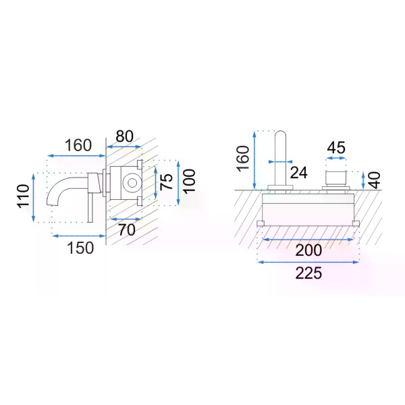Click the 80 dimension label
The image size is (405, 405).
click(x=124, y=136)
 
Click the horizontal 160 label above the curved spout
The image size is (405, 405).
click(x=78, y=145)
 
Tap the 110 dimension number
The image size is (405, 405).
click(x=23, y=196)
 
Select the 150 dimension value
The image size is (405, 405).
click(x=80, y=248)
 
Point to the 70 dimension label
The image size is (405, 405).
click(x=127, y=230)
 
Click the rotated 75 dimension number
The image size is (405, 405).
click(x=166, y=182)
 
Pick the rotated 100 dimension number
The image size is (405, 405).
click(x=190, y=182)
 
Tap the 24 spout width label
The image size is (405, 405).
click(x=299, y=172)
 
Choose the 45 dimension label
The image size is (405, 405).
click(x=336, y=148)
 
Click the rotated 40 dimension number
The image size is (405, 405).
click(x=375, y=180)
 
